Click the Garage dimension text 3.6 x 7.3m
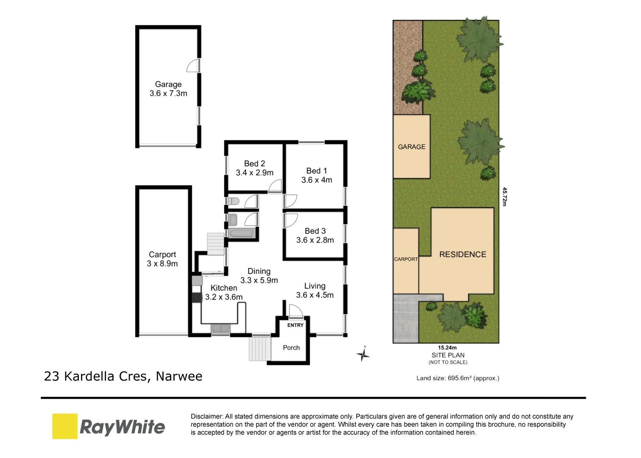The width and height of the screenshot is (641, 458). click(x=168, y=93)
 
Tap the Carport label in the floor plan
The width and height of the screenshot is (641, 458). click(x=162, y=254)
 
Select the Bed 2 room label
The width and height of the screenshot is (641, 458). click(x=254, y=164)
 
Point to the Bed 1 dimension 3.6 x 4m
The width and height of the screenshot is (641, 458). click(x=317, y=180)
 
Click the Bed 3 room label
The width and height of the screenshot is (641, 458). click(x=315, y=231)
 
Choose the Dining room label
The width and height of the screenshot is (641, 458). click(x=259, y=271)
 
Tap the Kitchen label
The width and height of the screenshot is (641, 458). click(x=224, y=288)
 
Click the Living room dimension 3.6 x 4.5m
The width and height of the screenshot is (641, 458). click(x=315, y=295)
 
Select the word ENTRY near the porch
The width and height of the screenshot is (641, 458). click(x=295, y=325)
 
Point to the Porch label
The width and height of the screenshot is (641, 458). click(x=291, y=348)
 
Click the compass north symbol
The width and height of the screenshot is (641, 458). click(x=363, y=354)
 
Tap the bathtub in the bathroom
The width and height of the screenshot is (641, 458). click(x=242, y=233)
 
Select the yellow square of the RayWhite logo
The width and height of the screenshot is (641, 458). click(x=65, y=426)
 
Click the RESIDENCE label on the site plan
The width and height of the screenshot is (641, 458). click(x=463, y=254)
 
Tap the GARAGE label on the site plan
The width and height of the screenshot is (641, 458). click(x=411, y=147)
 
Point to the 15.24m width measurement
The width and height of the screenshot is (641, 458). click(x=447, y=348)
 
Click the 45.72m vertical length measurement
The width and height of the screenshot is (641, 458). click(x=504, y=197)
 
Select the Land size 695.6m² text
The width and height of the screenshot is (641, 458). click(x=457, y=378)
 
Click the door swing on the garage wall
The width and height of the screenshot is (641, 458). click(x=193, y=66)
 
